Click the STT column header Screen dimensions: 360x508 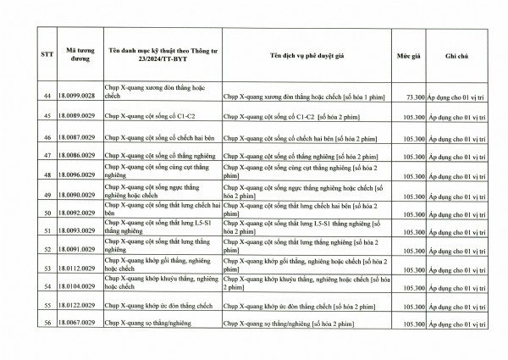48,55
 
